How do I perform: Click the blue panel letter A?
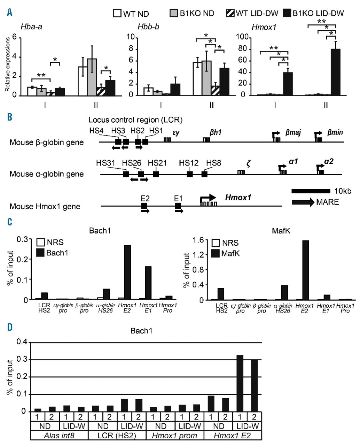10,13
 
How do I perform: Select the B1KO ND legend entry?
192,14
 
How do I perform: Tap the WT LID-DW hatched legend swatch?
230,14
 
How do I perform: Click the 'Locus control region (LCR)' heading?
135,120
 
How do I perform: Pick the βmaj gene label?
293,132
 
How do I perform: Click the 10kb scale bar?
311,191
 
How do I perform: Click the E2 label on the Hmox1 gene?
145,198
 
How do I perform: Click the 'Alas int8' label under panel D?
59,435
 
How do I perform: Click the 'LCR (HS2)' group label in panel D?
117,435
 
